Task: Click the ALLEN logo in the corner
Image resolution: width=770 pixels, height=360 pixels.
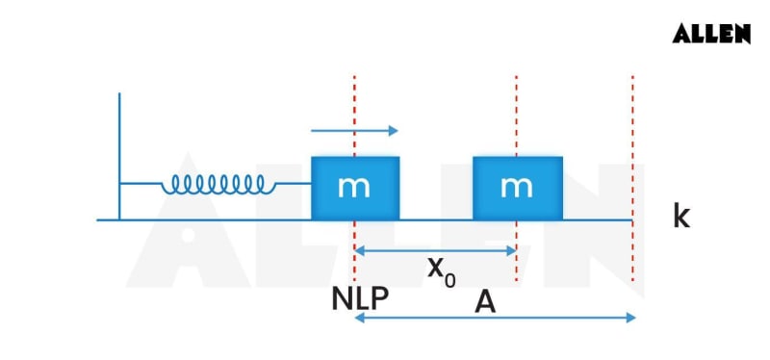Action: click(711, 34)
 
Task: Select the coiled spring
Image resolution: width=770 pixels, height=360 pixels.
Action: click(218, 183)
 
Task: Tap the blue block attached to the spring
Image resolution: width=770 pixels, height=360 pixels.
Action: click(354, 188)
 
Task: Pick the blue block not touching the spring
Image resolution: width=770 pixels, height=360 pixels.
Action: click(517, 188)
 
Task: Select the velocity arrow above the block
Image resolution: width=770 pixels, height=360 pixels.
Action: click(352, 131)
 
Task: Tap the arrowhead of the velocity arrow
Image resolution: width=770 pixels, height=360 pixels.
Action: click(392, 131)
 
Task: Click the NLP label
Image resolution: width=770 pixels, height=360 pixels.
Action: click(360, 298)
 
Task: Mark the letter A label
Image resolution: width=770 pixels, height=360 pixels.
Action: click(486, 301)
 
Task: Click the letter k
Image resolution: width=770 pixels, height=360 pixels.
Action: click(681, 217)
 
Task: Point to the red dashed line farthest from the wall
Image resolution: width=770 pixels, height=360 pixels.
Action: click(632, 144)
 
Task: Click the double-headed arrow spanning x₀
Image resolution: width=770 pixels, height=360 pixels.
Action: click(435, 250)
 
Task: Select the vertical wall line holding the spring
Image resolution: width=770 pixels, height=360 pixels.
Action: click(119, 154)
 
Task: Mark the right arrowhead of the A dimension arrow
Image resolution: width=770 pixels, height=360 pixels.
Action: click(630, 317)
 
